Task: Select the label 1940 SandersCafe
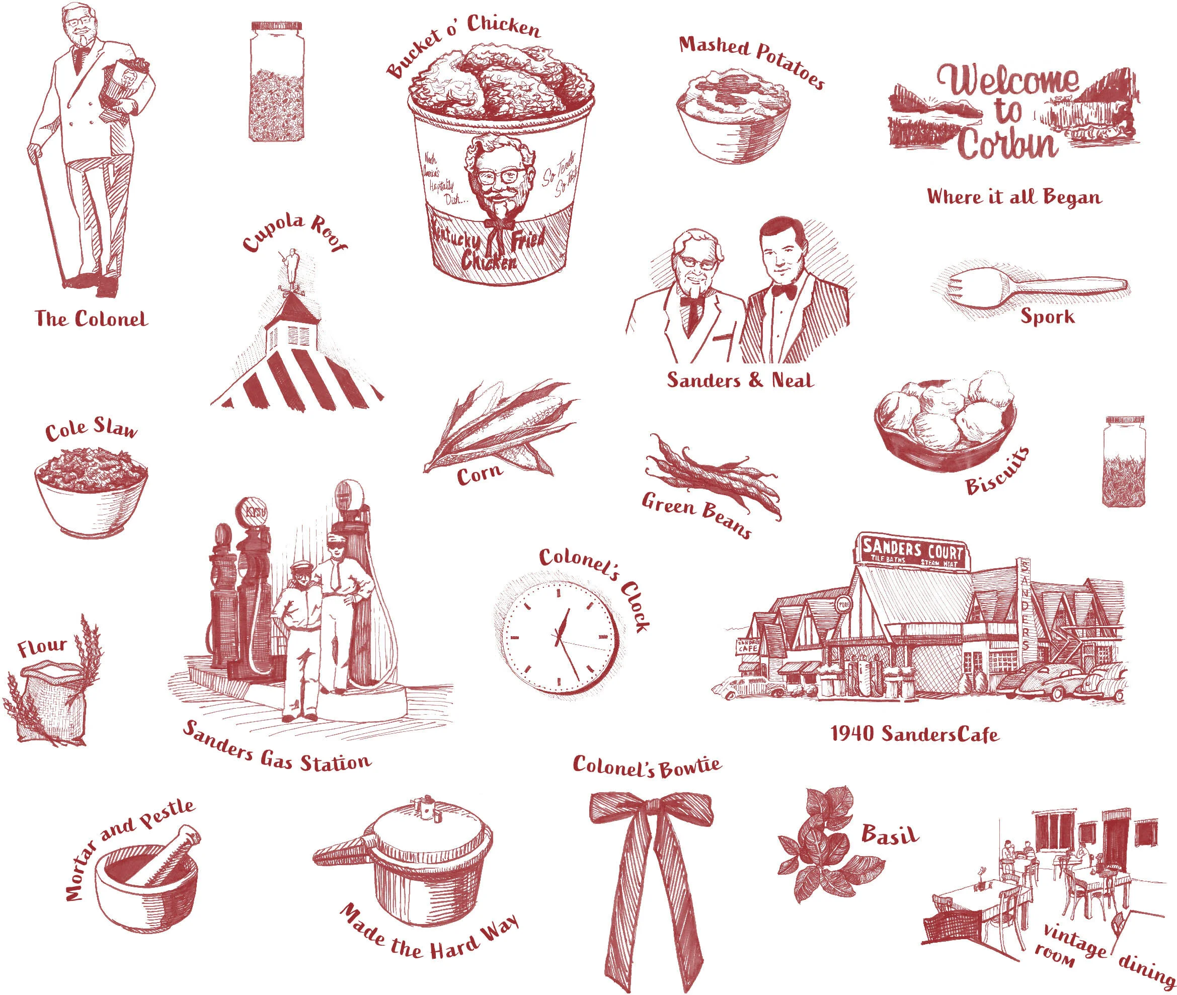pyautogui.click(x=914, y=734)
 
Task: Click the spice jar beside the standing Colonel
pyautogui.click(x=276, y=82)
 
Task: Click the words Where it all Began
pyautogui.click(x=1014, y=197)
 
